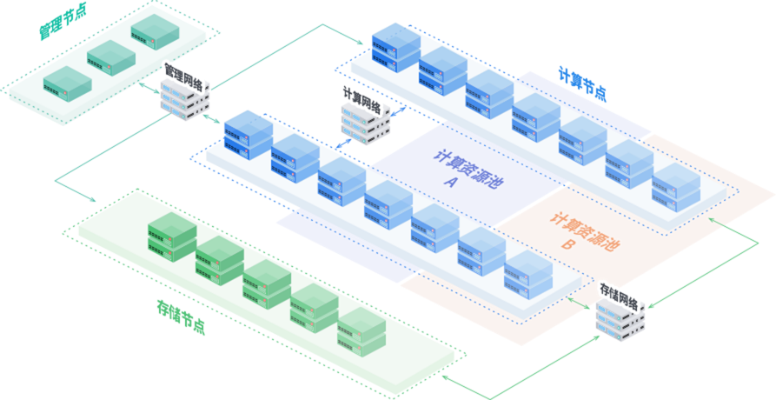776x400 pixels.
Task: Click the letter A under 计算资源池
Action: (450, 183)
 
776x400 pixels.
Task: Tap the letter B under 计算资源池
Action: (567, 244)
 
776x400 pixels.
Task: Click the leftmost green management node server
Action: (67, 80)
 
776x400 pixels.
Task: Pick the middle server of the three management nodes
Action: (111, 55)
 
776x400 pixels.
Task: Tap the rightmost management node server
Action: (155, 31)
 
